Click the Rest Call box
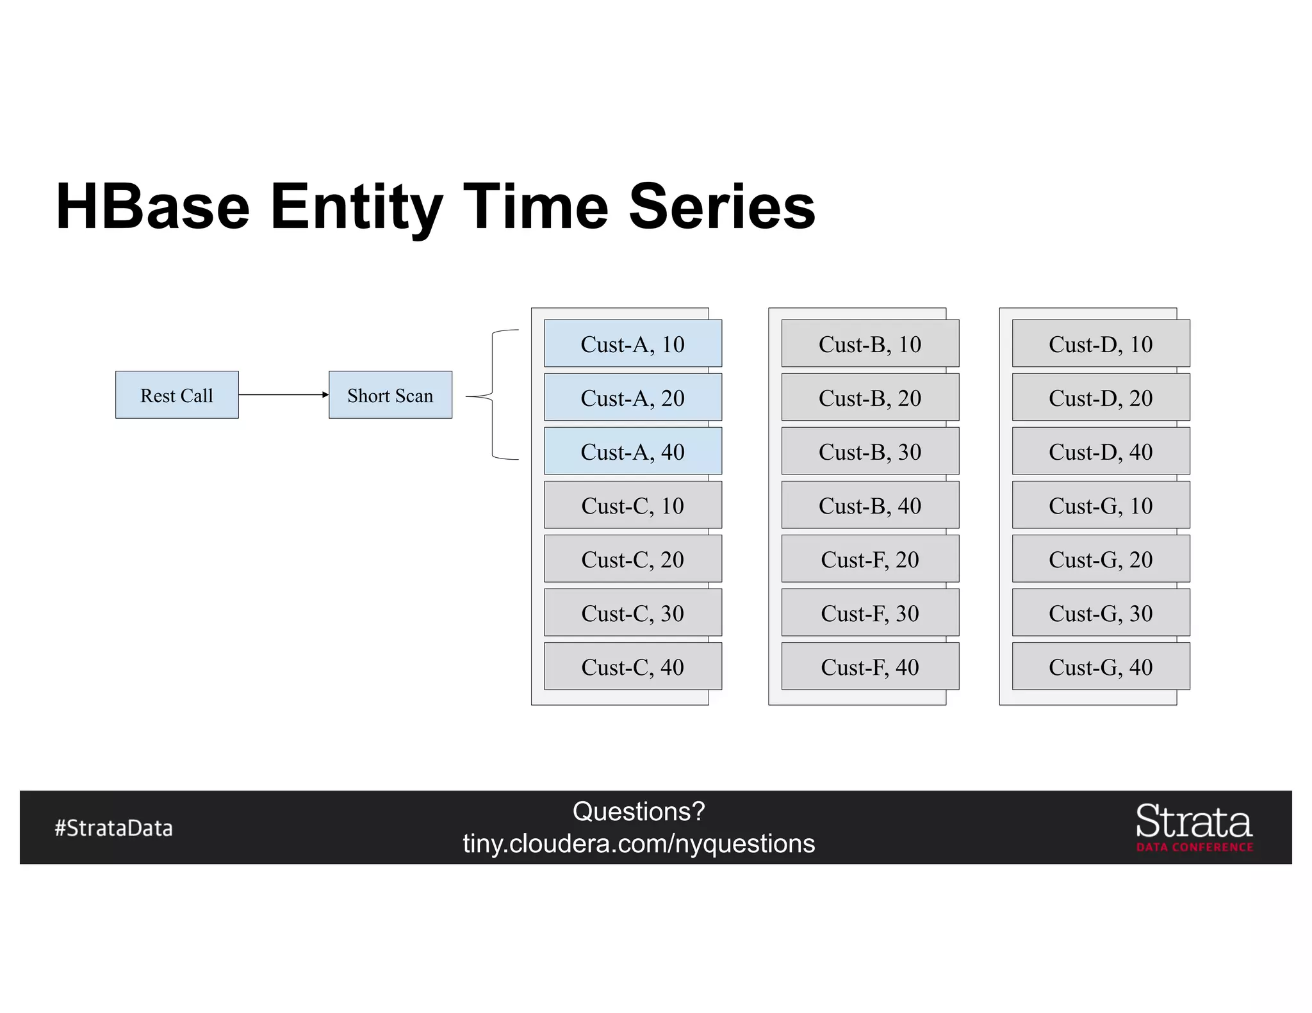tap(177, 395)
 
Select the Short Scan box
tap(390, 395)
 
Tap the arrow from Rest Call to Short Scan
tap(283, 394)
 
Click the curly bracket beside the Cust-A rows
tap(492, 395)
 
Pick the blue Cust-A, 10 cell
tap(632, 344)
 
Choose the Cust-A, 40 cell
tap(632, 451)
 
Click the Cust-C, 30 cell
tap(632, 613)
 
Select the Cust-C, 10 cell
tap(632, 505)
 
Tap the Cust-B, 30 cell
tap(869, 451)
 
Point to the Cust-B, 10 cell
tap(869, 344)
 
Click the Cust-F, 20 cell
tap(869, 559)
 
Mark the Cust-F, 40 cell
tap(869, 667)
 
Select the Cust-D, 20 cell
tap(1100, 398)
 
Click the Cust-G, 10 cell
tap(1100, 505)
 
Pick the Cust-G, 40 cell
tap(1100, 667)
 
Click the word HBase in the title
tap(152, 206)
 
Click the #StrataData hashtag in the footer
tap(113, 828)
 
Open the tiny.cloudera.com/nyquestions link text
tap(639, 843)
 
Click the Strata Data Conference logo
tap(1193, 827)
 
